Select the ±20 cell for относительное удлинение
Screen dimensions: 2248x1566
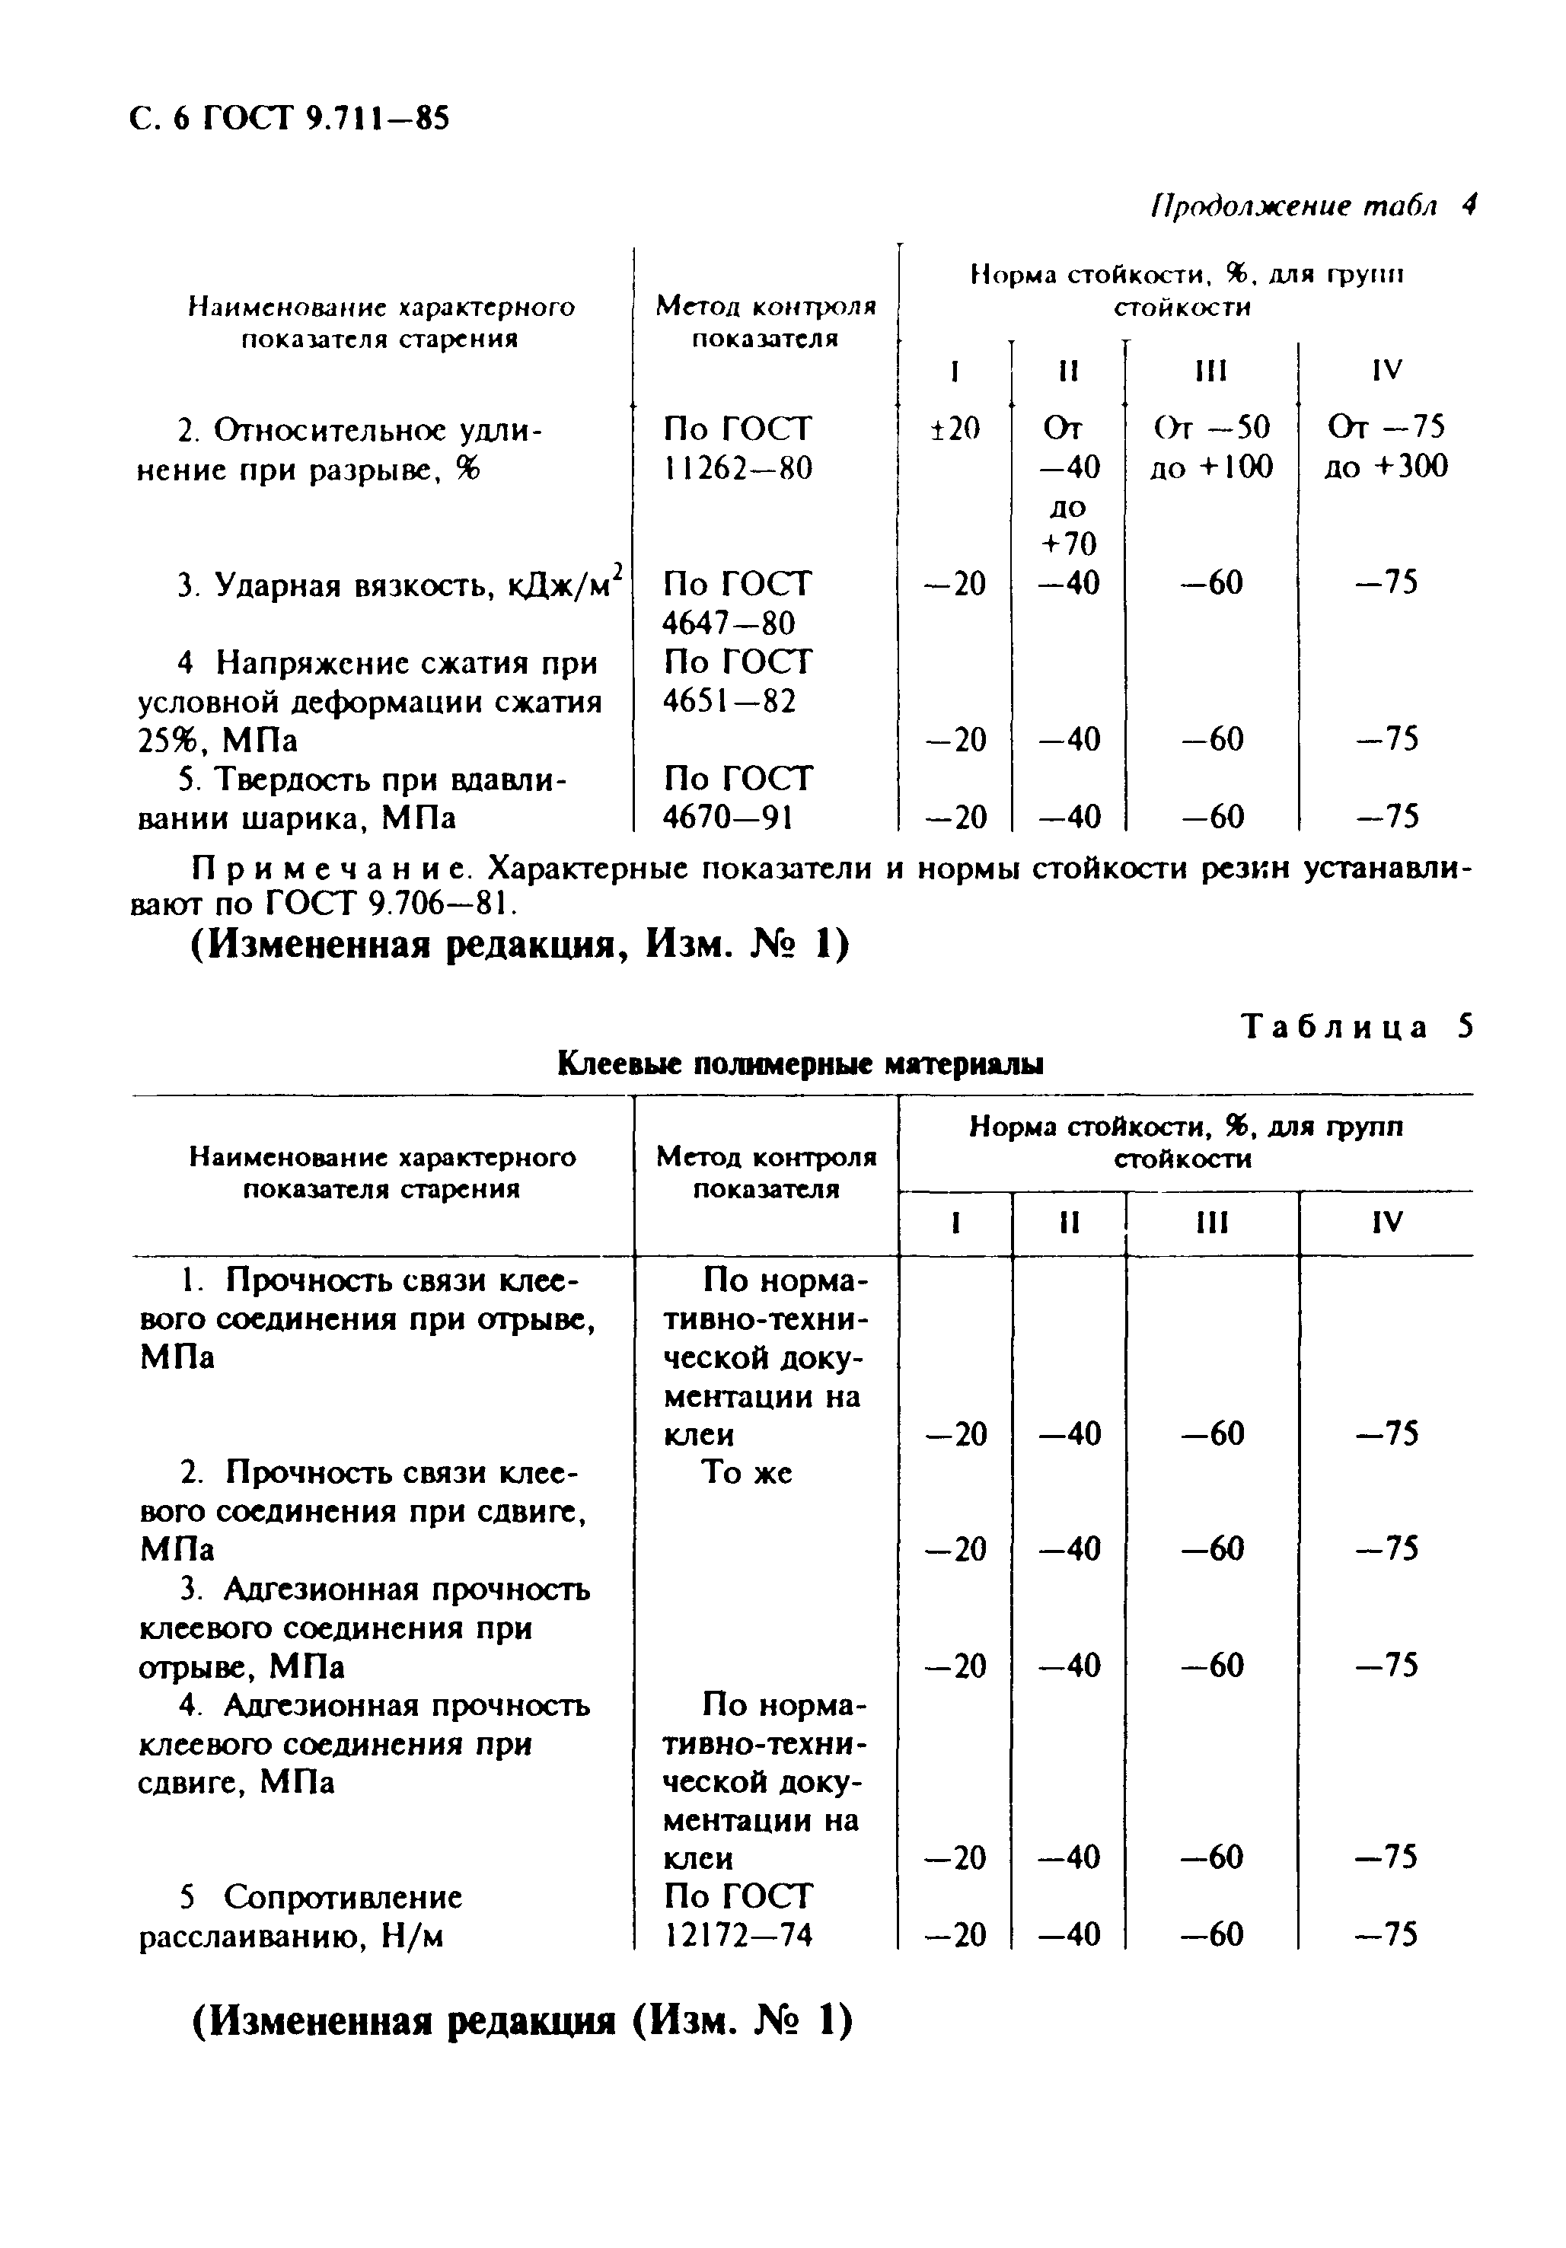[x=954, y=428]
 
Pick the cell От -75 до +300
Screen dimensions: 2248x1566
[x=1385, y=448]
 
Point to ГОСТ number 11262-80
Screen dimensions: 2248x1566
[x=736, y=468]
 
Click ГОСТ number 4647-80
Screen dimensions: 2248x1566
[x=729, y=623]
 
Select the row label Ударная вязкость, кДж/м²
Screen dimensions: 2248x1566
[x=400, y=585]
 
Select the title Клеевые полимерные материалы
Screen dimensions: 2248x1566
[x=799, y=1063]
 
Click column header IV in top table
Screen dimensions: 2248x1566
[x=1387, y=370]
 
